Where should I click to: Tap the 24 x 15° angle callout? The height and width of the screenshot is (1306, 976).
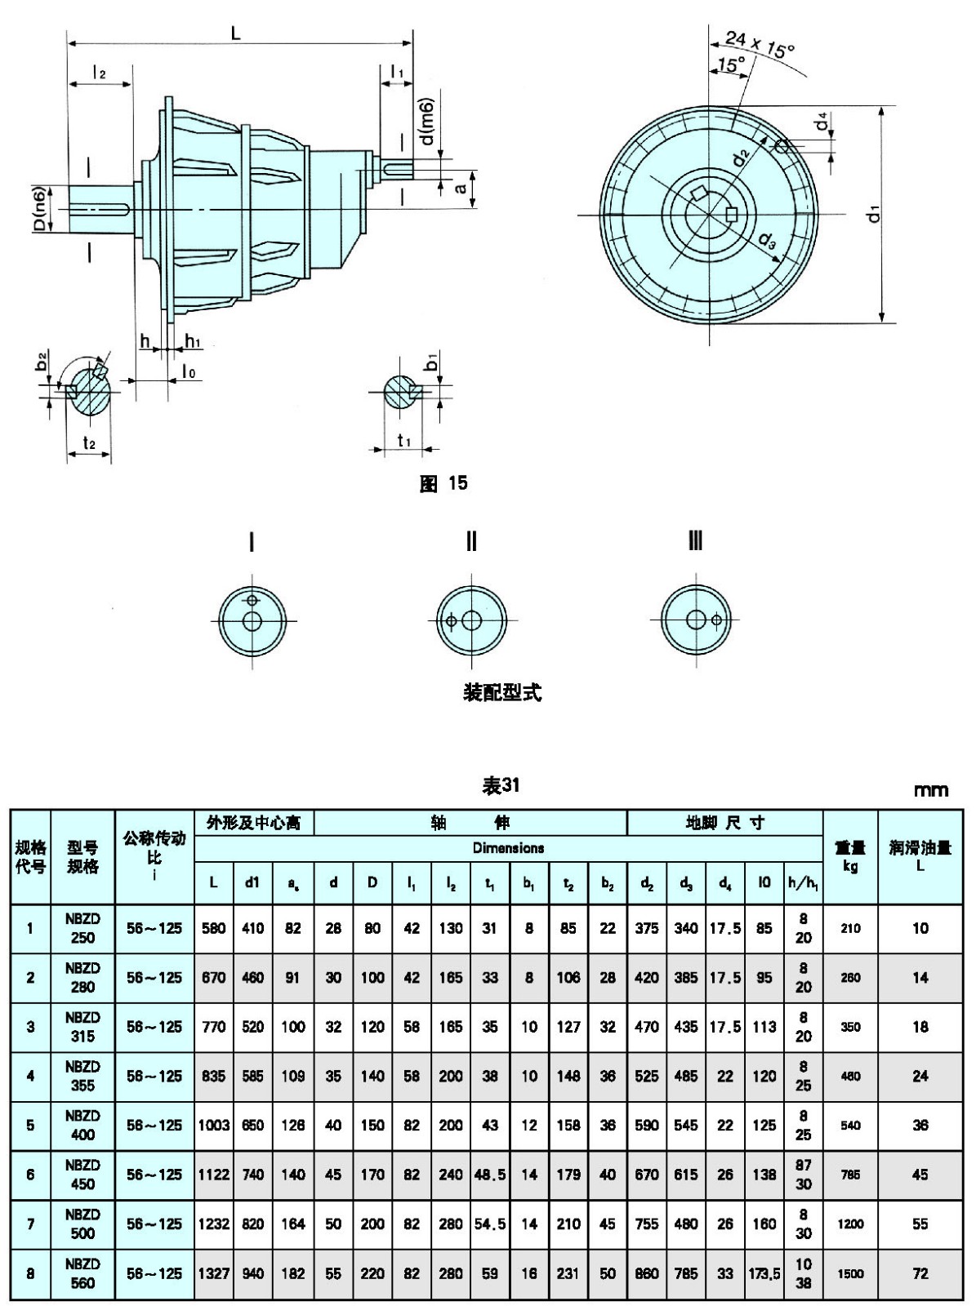point(760,45)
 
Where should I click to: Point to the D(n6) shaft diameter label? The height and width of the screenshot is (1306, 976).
point(38,209)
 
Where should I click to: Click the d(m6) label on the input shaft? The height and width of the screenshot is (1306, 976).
point(426,122)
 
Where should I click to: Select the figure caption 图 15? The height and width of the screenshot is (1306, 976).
point(444,483)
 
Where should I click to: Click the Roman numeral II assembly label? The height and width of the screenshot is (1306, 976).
point(471,542)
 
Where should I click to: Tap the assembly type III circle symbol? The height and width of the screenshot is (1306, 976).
point(696,620)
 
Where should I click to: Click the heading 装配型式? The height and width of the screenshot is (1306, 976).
point(502,692)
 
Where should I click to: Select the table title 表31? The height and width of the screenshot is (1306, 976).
point(501,785)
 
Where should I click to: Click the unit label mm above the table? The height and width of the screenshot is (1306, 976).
point(931,789)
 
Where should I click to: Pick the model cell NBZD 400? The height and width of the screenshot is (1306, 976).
point(82,1125)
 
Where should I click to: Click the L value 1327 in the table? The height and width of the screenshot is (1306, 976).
point(214,1273)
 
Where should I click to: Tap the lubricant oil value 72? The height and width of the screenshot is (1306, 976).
point(920,1273)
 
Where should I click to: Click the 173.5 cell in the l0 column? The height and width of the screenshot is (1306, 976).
point(764,1273)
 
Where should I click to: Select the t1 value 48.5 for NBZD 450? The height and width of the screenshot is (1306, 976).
point(490,1175)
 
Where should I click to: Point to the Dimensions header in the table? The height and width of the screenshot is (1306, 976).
point(508,848)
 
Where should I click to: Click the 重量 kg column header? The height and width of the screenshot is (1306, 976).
point(850,856)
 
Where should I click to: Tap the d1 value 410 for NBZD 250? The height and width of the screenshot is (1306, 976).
point(253,928)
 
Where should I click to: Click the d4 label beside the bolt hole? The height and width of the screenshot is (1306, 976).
point(822,123)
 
